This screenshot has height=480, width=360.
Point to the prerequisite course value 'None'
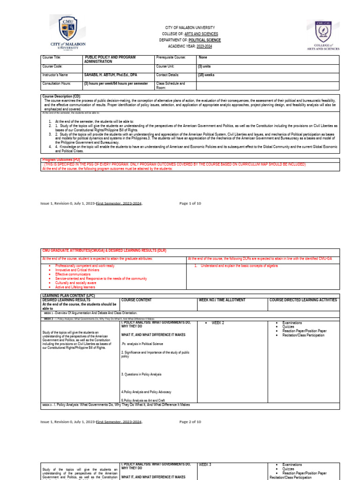(x=203, y=57)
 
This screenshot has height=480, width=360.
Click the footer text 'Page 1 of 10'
(x=190, y=203)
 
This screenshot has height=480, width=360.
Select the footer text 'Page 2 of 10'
(x=190, y=421)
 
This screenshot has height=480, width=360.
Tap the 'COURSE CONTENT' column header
(x=136, y=300)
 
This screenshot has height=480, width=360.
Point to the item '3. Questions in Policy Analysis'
(x=141, y=374)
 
